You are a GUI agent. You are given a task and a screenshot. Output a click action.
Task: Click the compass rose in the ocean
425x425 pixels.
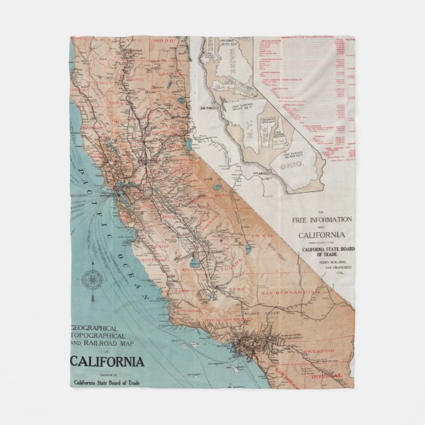click(91, 279)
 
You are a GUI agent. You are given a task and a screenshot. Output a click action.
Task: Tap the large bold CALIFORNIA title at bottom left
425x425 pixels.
click(108, 361)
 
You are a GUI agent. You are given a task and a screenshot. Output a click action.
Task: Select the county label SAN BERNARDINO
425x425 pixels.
click(288, 293)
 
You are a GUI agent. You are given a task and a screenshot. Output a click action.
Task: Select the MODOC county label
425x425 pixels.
click(162, 41)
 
